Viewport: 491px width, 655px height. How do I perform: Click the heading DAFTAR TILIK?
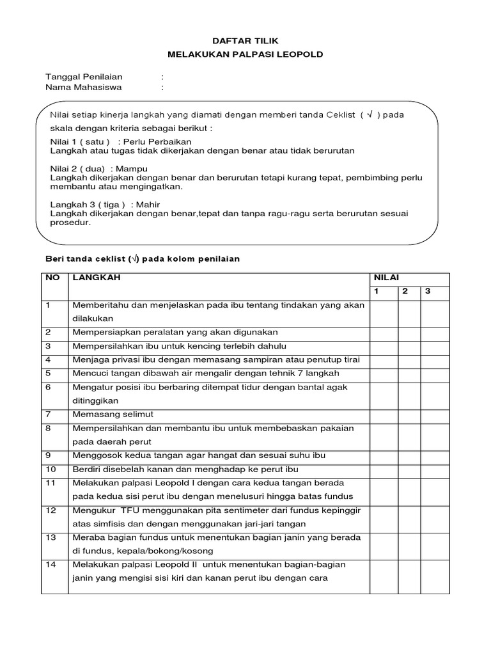coord(245,40)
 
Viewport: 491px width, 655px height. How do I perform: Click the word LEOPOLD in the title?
coord(300,54)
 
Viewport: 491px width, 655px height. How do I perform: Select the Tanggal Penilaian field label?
coord(84,76)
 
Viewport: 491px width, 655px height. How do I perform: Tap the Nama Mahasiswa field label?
coord(83,87)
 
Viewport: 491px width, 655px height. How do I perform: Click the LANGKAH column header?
coord(96,278)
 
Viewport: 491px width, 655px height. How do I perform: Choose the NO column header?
coord(52,278)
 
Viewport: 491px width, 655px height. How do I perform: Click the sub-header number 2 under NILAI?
coord(405,292)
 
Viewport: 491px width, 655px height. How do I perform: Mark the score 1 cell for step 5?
coord(384,373)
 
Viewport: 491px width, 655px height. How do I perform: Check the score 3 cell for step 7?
coord(435,414)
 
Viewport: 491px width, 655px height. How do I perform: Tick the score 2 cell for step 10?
coord(409,470)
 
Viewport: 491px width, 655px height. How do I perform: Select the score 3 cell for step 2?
coord(435,332)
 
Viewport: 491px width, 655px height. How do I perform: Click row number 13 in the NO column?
coord(51,538)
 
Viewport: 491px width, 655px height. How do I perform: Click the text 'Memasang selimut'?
coord(113,414)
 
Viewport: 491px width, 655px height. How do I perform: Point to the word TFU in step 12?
coord(121,510)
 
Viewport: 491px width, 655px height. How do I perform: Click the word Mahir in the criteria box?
coord(148,205)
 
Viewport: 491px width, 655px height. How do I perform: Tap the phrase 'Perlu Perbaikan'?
coord(157,141)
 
